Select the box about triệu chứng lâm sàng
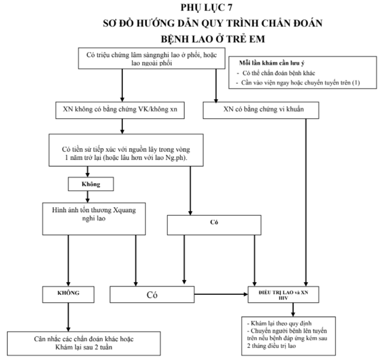pyautogui.click(x=153, y=58)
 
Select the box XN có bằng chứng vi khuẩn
pyautogui.click(x=261, y=110)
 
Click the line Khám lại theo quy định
pyautogui.click(x=272, y=323)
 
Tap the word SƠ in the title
pyautogui.click(x=111, y=23)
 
